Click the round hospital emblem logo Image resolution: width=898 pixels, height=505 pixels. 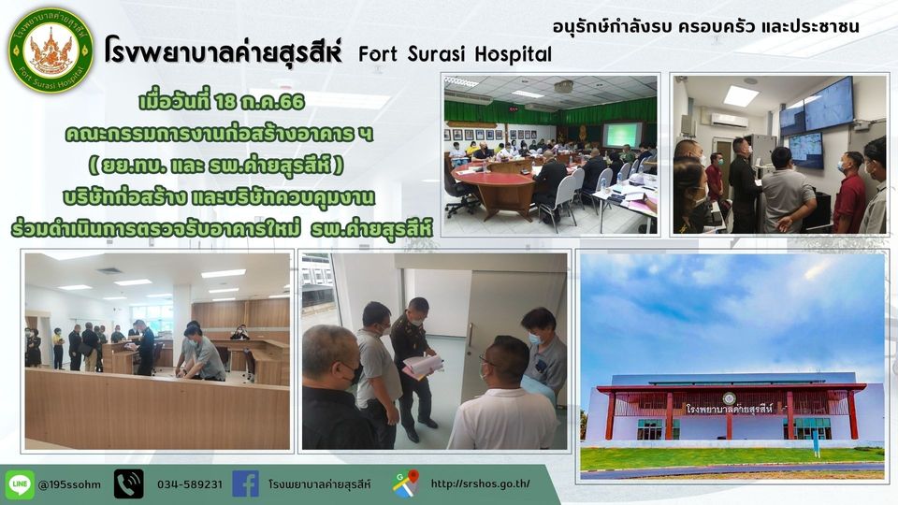[51, 50]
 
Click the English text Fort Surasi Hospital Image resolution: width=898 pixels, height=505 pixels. [455, 54]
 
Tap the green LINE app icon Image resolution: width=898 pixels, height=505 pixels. [20, 484]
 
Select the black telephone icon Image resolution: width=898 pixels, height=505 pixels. [129, 484]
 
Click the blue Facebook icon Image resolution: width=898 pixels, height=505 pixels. [246, 484]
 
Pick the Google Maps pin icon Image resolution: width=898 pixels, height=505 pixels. [406, 483]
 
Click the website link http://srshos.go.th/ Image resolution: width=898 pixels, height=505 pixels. [480, 483]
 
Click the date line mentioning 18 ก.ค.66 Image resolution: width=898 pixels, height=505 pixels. [222, 102]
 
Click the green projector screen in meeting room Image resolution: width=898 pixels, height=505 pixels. [622, 135]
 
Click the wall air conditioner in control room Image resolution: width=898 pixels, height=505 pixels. [729, 120]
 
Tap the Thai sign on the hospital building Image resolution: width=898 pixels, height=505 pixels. [729, 409]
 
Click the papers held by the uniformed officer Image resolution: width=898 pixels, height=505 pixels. [423, 366]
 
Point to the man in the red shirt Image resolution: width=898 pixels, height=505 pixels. [848, 194]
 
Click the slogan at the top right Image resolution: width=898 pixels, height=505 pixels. [705, 26]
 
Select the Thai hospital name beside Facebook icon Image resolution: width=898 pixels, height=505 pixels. [320, 484]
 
